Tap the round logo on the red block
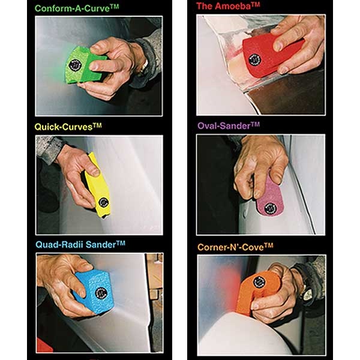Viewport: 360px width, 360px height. tap(254, 59)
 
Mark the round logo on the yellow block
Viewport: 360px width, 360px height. tap(103, 202)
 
